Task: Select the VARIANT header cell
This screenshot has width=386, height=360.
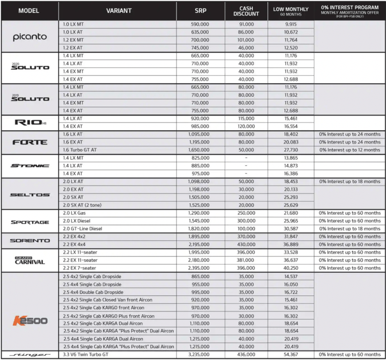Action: pos(118,11)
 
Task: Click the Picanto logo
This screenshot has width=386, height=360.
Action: pos(30,36)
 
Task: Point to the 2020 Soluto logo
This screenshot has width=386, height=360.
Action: pos(30,67)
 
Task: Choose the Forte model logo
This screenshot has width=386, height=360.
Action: pos(30,142)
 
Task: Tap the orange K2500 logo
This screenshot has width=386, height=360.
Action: pos(30,320)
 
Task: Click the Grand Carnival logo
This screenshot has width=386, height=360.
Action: pos(30,260)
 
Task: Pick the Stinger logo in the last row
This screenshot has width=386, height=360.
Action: pos(30,355)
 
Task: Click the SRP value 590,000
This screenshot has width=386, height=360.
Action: pos(200,24)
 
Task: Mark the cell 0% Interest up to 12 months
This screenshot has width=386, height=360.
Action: pos(350,150)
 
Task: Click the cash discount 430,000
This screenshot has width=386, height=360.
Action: pos(246,244)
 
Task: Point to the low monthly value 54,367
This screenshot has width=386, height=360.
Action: pos(290,355)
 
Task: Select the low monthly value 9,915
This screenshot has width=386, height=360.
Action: pos(290,24)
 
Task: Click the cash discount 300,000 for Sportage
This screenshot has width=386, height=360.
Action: pos(246,221)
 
